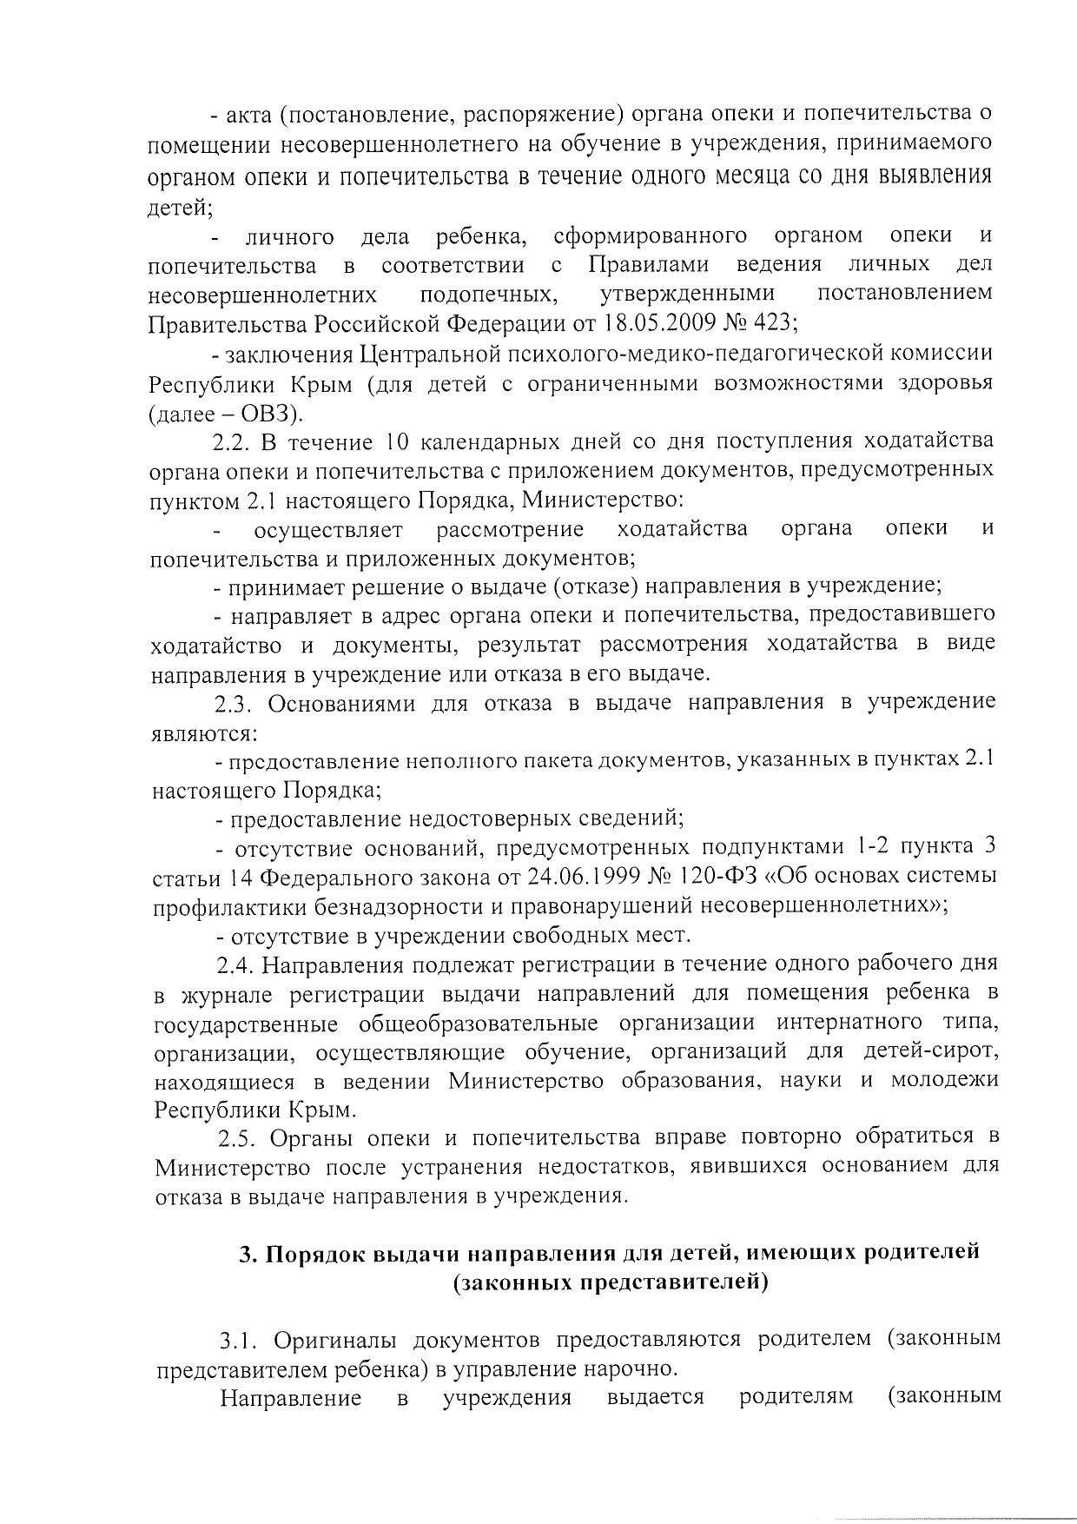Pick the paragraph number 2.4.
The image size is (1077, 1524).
coord(235,964)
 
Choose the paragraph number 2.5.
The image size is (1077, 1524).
coord(236,1138)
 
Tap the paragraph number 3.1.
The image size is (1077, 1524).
coord(238,1339)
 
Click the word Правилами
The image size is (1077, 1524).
coord(648,264)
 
